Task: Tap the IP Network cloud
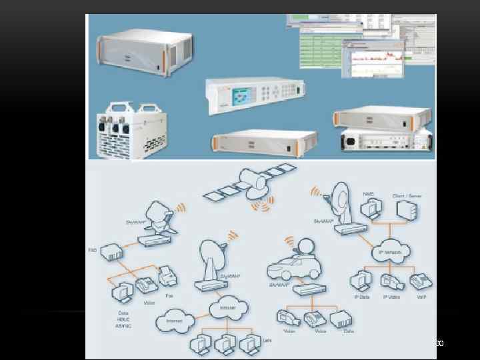tap(391, 251)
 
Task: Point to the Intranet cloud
tap(224, 307)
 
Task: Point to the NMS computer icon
tap(369, 208)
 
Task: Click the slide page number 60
tap(438, 343)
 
